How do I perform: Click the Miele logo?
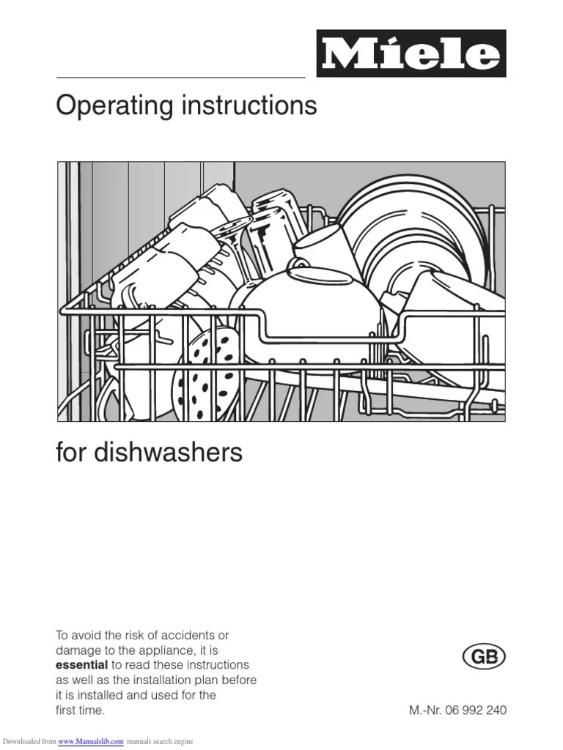(x=411, y=53)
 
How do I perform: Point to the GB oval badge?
(x=485, y=657)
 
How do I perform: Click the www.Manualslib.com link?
(x=91, y=742)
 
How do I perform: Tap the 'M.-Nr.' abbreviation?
(x=424, y=710)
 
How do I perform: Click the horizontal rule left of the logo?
(x=180, y=77)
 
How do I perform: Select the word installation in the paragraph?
(x=173, y=680)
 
